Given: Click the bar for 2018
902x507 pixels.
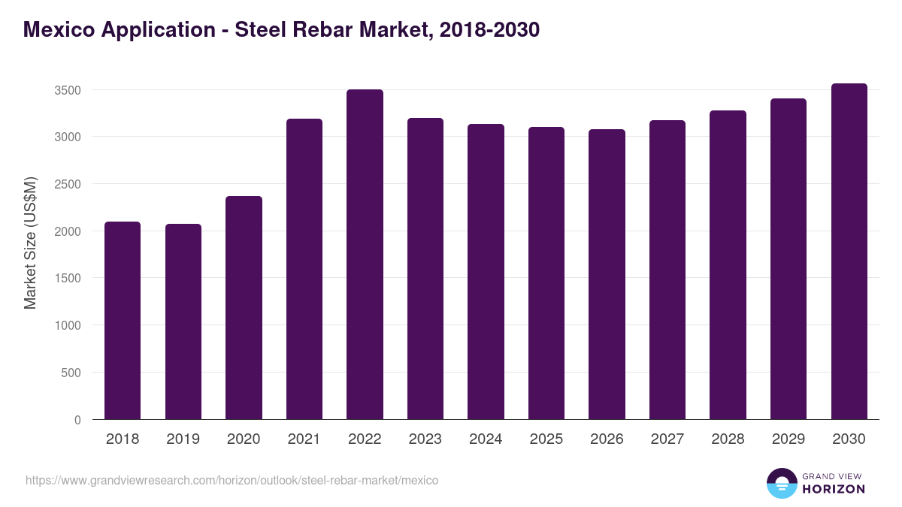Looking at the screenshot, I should coord(123,321).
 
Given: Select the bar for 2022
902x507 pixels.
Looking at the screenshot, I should coord(365,255).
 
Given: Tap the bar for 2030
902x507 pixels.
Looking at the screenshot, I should coord(849,252).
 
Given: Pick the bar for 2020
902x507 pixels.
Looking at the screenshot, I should coord(244,308).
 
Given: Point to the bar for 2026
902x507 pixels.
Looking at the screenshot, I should coord(607,274).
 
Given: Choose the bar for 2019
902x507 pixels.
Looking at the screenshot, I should coord(183,321).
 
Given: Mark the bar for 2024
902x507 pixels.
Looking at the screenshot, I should coord(486,272).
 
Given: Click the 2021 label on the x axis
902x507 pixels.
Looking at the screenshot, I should coord(304,439).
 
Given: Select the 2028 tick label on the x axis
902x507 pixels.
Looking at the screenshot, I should coord(728,439).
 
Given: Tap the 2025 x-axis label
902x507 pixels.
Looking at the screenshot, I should coord(546,439).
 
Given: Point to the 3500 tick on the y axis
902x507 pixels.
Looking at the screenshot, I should coord(67,90).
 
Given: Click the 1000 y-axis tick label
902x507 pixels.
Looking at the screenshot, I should coord(67,326).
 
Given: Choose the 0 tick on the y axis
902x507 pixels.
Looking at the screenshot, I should coord(77,420).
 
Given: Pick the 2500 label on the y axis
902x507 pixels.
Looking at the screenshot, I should coord(67,184).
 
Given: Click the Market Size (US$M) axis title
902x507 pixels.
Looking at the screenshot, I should coord(30,243).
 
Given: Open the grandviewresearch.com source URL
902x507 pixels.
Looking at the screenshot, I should coord(232,480).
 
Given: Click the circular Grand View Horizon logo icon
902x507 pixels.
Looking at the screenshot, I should coord(781,483).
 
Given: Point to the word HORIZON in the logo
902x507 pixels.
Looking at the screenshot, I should coord(834,489).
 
